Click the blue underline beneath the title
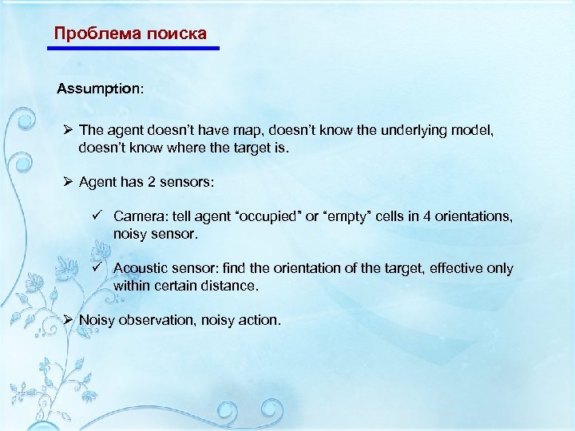click(133, 49)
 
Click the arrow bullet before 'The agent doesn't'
click(69, 130)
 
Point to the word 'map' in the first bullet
click(256, 131)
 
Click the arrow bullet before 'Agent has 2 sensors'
click(69, 182)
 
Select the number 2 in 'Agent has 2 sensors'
click(151, 182)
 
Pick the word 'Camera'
click(139, 217)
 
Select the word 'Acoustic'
click(141, 269)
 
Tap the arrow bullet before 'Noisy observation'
click(69, 320)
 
